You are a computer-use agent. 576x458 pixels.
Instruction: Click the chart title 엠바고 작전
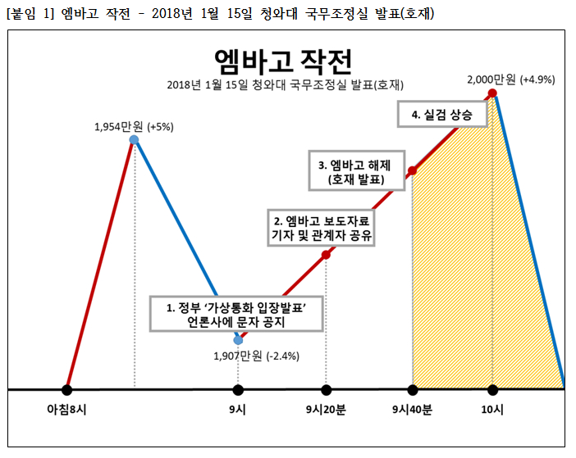pyautogui.click(x=282, y=61)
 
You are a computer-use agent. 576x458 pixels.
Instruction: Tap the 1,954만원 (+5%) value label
pyautogui.click(x=134, y=126)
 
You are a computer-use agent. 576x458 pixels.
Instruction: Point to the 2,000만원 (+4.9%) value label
pyautogui.click(x=510, y=79)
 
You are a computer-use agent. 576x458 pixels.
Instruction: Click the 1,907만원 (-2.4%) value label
pyautogui.click(x=256, y=356)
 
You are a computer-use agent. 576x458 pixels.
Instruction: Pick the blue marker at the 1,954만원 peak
pyautogui.click(x=134, y=140)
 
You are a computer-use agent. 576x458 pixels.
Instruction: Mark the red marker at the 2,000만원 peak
pyautogui.click(x=492, y=93)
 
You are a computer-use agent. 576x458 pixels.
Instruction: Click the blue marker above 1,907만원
pyautogui.click(x=238, y=338)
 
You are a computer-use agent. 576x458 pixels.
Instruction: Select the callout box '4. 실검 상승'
pyautogui.click(x=441, y=116)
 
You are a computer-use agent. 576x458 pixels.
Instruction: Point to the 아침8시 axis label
pyautogui.click(x=67, y=410)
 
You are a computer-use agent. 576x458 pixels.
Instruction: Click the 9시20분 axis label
pyautogui.click(x=326, y=410)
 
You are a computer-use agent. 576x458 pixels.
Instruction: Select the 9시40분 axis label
pyautogui.click(x=413, y=410)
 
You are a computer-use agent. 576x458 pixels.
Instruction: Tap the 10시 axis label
pyautogui.click(x=491, y=410)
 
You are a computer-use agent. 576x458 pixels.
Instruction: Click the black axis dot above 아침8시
pyautogui.click(x=67, y=389)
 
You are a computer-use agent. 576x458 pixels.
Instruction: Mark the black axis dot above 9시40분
pyautogui.click(x=413, y=389)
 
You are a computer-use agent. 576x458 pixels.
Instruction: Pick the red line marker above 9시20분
pyautogui.click(x=326, y=255)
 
